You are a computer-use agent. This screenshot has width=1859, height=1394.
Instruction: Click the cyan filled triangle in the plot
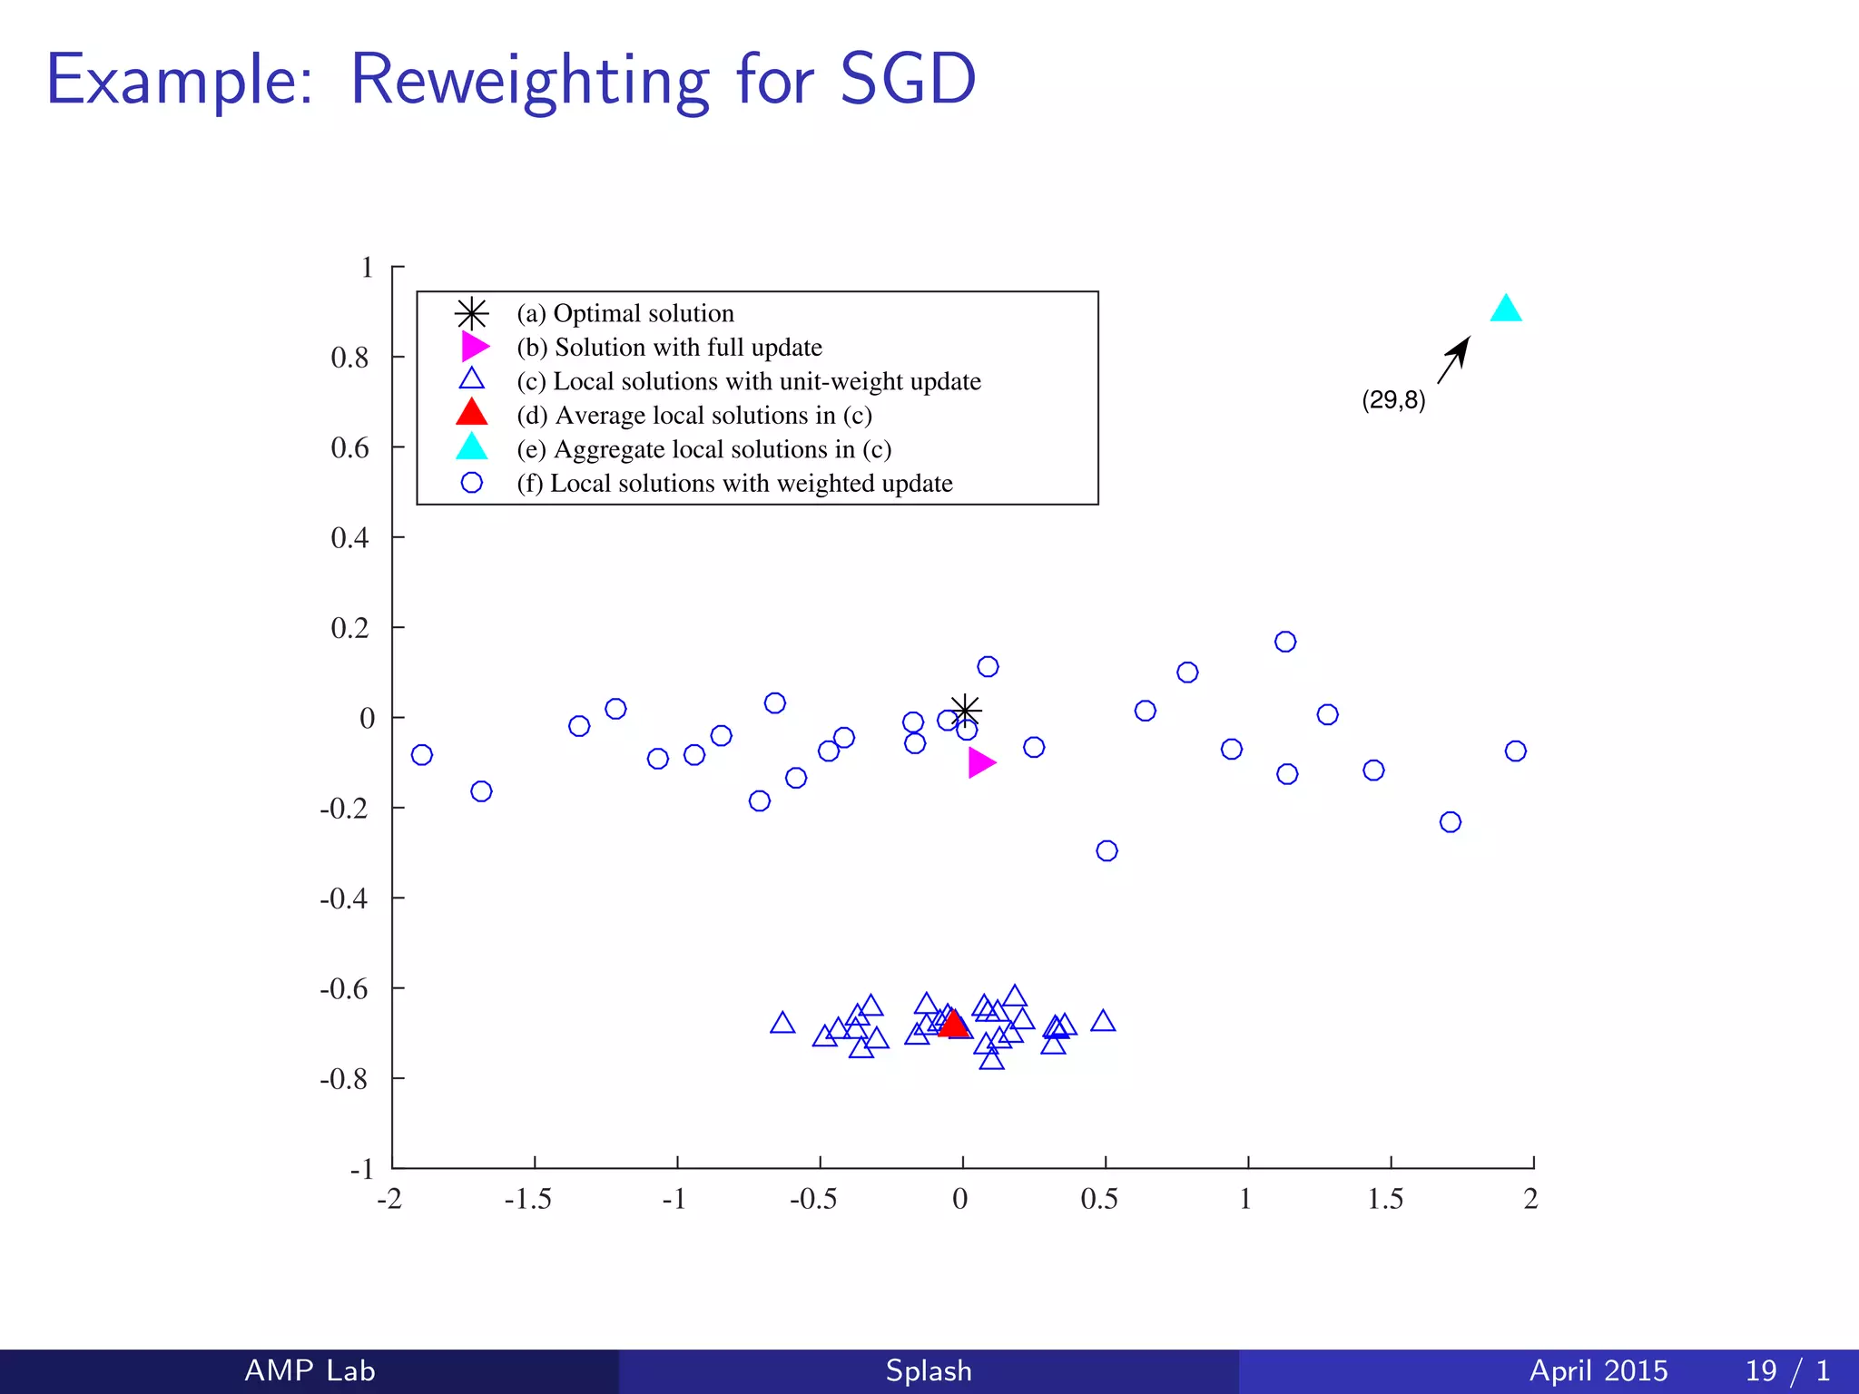coord(1505,310)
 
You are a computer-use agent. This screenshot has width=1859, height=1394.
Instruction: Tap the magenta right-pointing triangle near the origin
coord(979,762)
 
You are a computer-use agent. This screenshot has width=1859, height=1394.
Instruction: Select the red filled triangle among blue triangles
coord(953,1025)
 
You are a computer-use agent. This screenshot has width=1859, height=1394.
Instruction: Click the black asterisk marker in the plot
coord(965,710)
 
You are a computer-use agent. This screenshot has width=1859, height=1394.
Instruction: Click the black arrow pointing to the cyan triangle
coord(1454,359)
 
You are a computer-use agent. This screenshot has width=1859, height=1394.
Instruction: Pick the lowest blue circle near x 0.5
coord(1106,850)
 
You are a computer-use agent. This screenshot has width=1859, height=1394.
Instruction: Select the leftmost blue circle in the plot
coord(421,754)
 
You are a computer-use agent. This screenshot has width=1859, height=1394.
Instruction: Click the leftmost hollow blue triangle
coord(782,1024)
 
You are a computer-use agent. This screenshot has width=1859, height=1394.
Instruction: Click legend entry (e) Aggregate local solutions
coord(704,449)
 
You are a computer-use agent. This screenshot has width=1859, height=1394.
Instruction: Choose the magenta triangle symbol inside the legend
coord(474,347)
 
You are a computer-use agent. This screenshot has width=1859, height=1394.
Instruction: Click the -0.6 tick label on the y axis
coord(344,988)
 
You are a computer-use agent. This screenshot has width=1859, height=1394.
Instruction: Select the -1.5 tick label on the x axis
coord(527,1200)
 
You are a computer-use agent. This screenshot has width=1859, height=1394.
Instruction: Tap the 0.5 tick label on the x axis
coord(1100,1200)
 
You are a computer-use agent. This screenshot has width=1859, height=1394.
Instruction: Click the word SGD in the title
coord(907,80)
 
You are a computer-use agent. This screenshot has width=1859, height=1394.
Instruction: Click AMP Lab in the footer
coord(310,1370)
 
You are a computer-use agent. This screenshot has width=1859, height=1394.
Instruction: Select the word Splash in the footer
coord(929,1370)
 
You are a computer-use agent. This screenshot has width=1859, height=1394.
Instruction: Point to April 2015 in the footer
coord(1598,1370)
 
